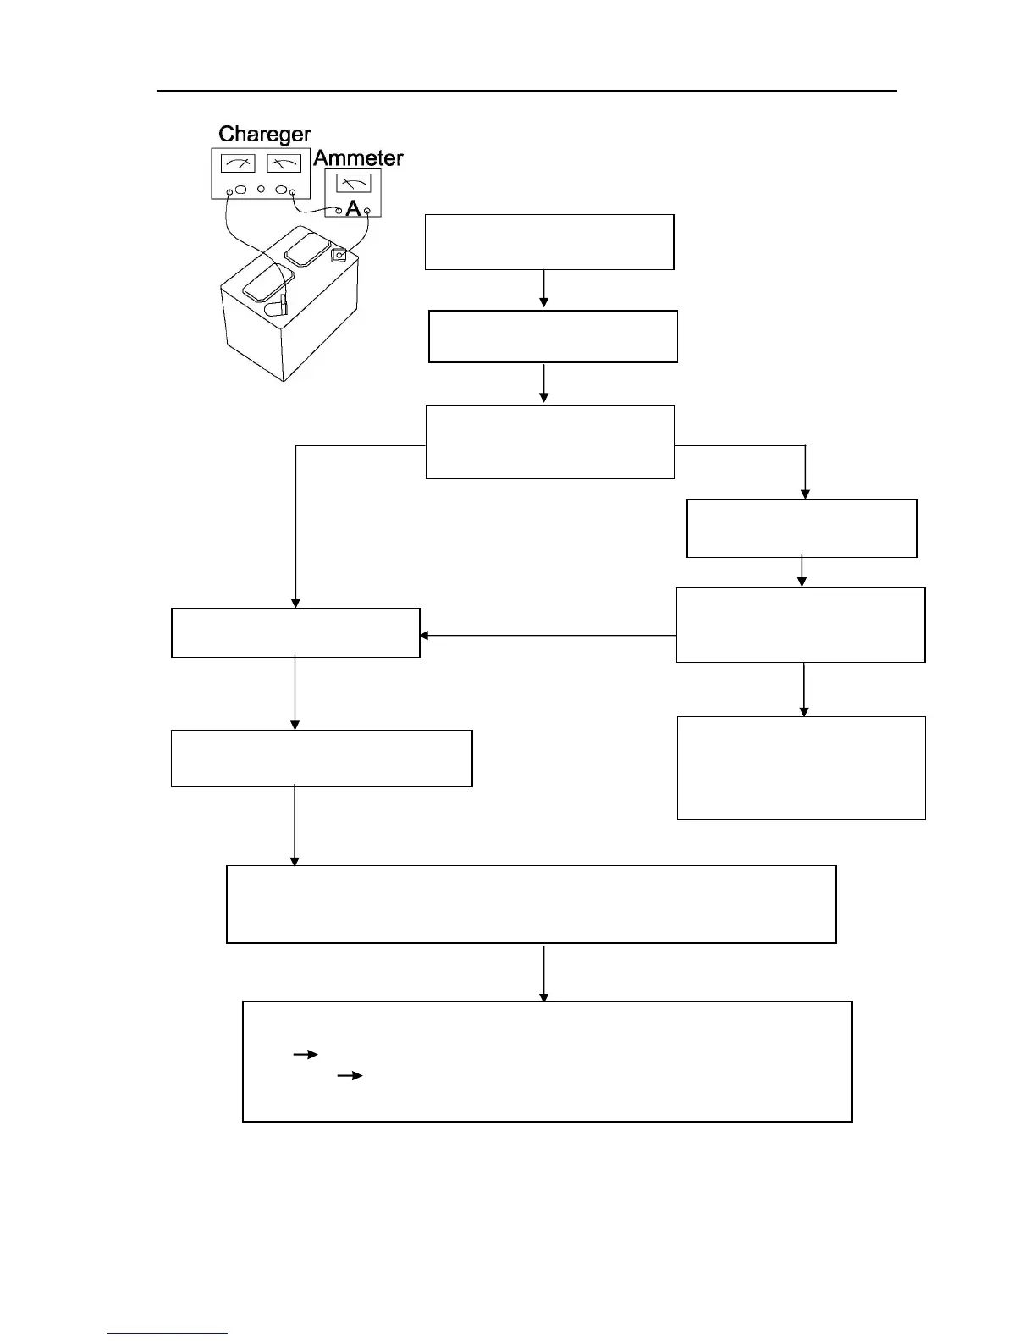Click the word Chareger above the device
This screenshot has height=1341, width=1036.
pos(264,134)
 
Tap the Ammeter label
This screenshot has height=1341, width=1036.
pos(358,158)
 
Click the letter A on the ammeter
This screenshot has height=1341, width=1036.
pos(353,207)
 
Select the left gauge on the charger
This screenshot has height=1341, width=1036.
pos(237,163)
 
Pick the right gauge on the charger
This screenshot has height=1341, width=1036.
pos(284,163)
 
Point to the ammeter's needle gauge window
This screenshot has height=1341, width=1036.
pos(353,182)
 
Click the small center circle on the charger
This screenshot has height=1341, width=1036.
pos(261,189)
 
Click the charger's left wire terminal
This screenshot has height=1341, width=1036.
pos(229,193)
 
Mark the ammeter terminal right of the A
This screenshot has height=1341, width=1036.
pos(366,209)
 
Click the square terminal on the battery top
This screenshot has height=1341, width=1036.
pos(339,254)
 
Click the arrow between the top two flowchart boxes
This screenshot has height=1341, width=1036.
pos(543,290)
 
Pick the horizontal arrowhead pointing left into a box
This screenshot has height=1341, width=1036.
pos(425,635)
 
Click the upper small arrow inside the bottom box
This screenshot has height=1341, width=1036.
pos(305,1055)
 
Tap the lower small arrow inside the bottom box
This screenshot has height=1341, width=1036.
pos(350,1076)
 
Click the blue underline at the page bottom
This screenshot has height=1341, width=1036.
pos(168,1334)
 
